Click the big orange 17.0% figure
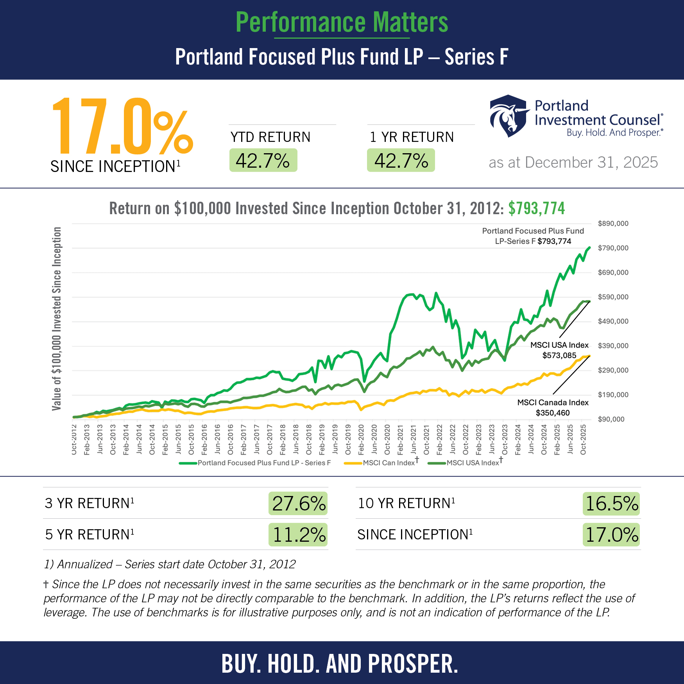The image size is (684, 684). coord(122,127)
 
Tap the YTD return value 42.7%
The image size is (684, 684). coord(263,161)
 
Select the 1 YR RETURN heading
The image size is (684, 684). coord(412,137)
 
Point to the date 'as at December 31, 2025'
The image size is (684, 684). coord(573,162)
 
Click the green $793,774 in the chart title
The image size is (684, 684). coord(536,208)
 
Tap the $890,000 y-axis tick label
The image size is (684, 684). coord(613,224)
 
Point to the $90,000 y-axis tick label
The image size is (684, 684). coord(611,419)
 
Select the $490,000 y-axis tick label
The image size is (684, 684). coord(613,321)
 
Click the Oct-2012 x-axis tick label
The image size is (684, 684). coord(74,440)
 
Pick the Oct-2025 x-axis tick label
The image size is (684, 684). coord(583,440)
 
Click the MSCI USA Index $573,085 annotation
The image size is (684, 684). coord(559,350)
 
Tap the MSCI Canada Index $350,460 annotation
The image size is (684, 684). coord(553,408)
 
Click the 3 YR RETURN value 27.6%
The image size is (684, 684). coord(299,503)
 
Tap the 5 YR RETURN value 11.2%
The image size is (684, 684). coord(299,535)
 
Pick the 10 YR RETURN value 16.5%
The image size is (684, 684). coord(611,503)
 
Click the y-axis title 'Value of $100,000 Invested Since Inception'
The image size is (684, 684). coord(57,319)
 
